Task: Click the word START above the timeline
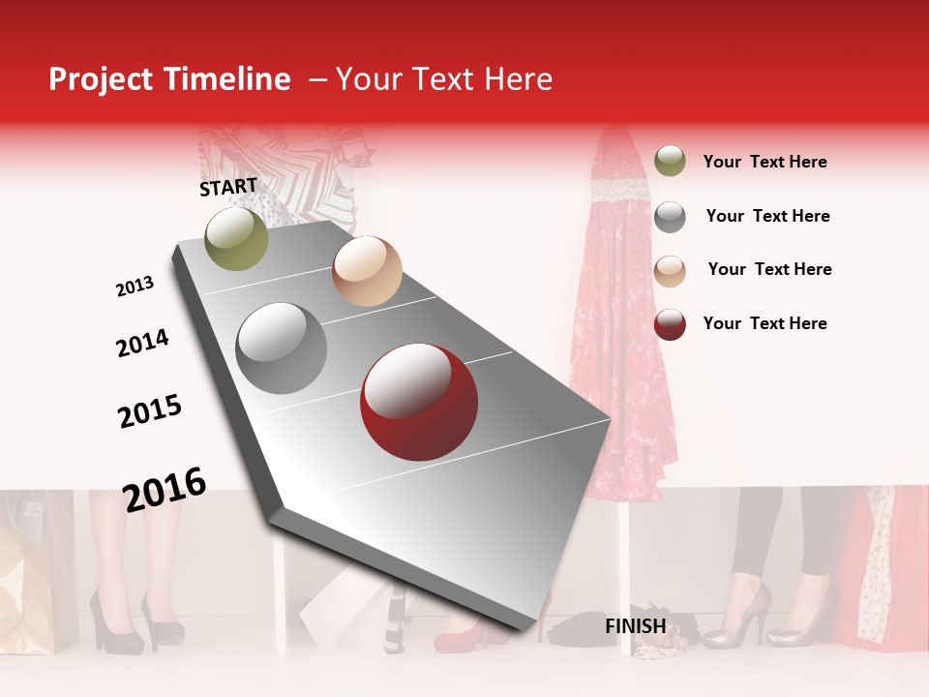point(228,187)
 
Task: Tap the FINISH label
point(635,626)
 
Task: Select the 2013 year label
point(135,287)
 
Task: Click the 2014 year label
point(142,343)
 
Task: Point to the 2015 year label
point(149,411)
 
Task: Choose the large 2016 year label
point(165,489)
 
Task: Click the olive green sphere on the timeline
point(236,238)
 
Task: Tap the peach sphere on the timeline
point(367,271)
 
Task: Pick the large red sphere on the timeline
point(419,402)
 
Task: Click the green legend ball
point(670,161)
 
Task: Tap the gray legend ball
point(670,216)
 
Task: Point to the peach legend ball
point(670,270)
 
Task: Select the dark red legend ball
point(670,324)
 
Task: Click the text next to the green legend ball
point(764,162)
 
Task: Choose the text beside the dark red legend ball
point(764,323)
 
